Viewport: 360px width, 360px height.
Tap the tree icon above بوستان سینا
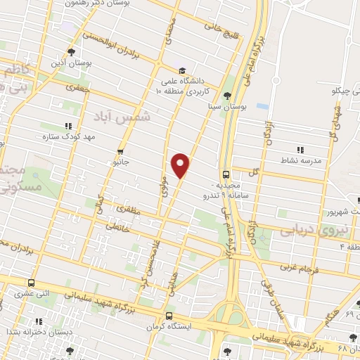point(226,97)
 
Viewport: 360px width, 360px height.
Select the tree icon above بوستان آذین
point(71,51)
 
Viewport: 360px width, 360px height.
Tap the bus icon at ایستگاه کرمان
point(168,316)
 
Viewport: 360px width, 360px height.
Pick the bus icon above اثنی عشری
point(30,283)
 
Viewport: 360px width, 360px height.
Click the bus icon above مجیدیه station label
point(226,174)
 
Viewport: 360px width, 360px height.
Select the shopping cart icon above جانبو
point(121,151)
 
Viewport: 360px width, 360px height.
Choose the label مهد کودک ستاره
point(63,136)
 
